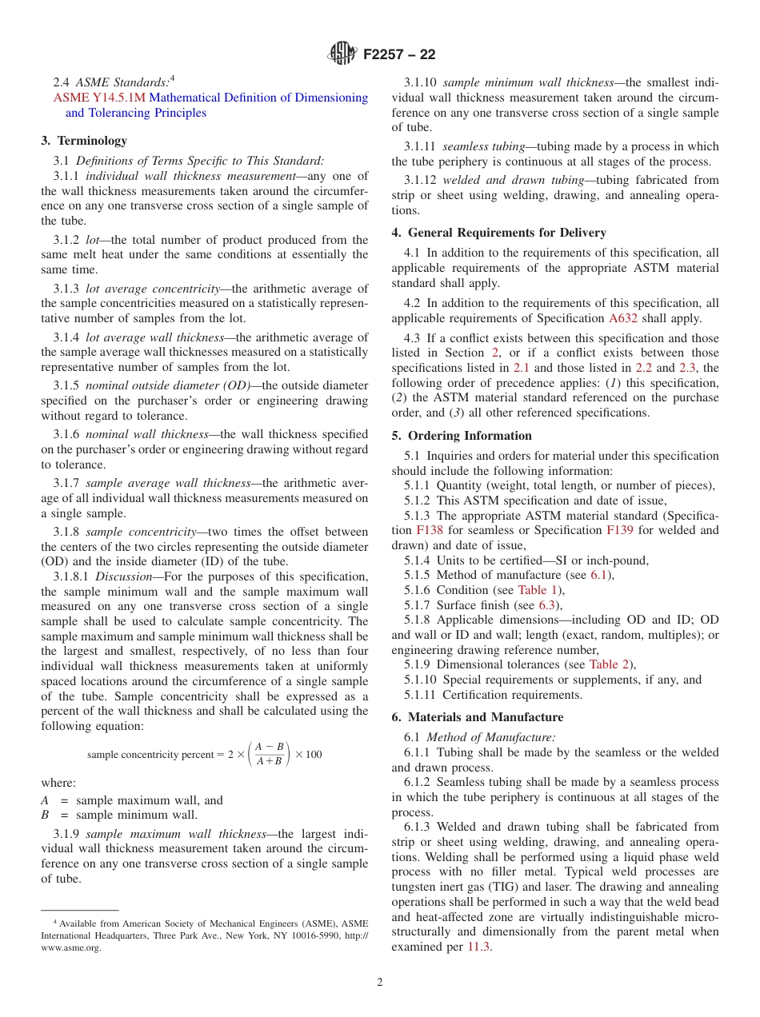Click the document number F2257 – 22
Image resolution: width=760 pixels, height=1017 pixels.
point(399,55)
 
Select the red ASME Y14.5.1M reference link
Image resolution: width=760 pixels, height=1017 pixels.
point(100,98)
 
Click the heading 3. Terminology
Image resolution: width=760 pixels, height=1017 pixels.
point(84,141)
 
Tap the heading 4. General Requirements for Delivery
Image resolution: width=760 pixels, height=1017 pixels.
point(498,233)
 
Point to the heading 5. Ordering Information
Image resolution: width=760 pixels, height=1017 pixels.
point(462,436)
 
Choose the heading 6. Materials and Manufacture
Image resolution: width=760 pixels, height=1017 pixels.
point(477,717)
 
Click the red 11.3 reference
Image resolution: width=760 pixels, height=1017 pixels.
point(479,947)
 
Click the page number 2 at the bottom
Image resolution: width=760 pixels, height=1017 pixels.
point(380,983)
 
